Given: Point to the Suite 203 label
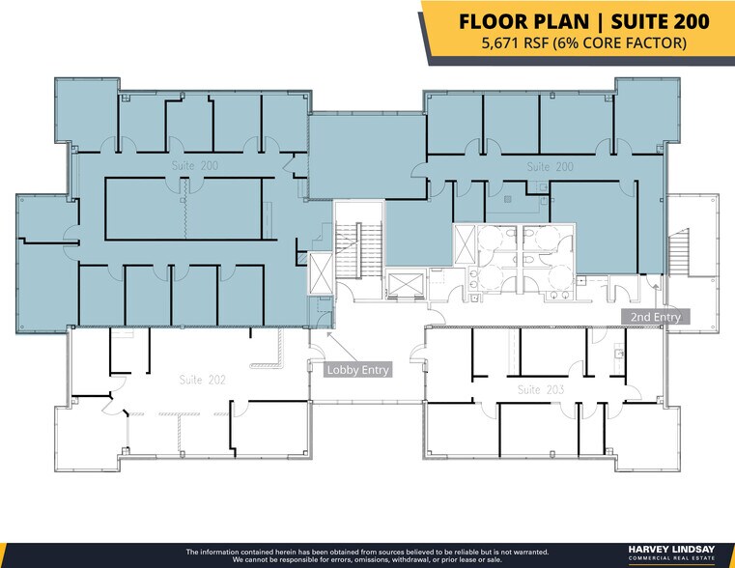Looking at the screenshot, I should pyautogui.click(x=541, y=389).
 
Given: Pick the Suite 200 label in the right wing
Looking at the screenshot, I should pyautogui.click(x=550, y=167).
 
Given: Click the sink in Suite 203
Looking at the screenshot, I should pyautogui.click(x=620, y=354).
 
